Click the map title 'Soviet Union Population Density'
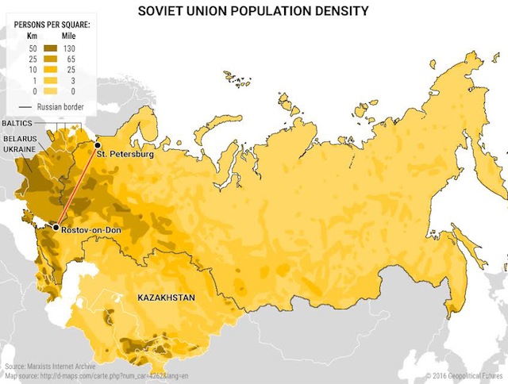tap(253, 11)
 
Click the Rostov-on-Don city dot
tap(56, 228)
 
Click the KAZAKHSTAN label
tap(166, 298)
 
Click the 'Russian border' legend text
tap(60, 106)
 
